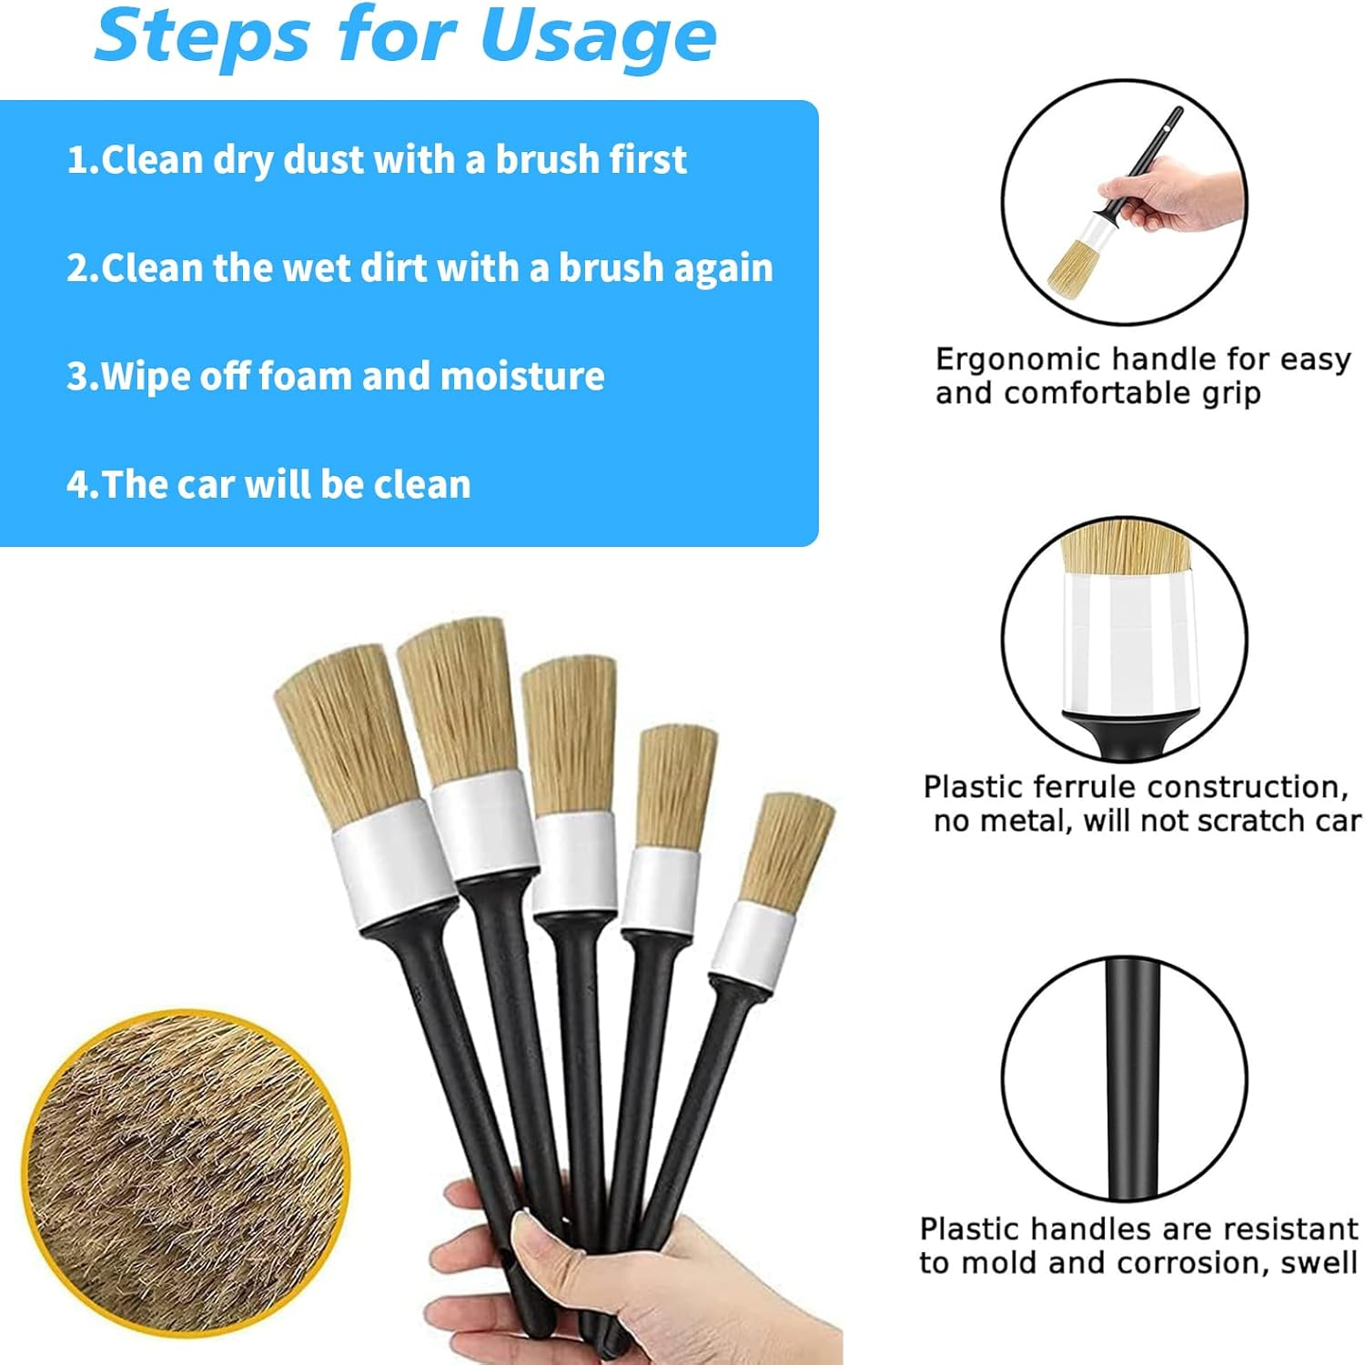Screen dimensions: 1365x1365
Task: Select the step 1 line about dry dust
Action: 376,160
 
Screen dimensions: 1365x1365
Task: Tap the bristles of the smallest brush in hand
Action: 785,849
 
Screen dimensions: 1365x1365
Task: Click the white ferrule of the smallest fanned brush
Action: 752,946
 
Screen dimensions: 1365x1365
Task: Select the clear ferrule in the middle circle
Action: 1127,642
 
